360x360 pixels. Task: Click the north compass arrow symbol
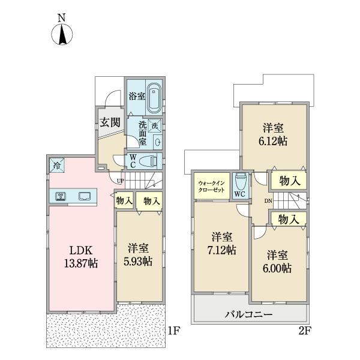click(x=62, y=34)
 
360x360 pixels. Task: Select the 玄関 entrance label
click(x=110, y=122)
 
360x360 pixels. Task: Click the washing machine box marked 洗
click(x=155, y=126)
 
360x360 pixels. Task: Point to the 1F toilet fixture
click(x=149, y=161)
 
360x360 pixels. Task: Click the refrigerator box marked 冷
click(x=57, y=166)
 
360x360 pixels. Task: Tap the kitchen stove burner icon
click(x=61, y=196)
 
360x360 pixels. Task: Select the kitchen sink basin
click(x=85, y=196)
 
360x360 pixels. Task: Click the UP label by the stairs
click(x=121, y=181)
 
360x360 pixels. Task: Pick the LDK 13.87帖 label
click(x=81, y=257)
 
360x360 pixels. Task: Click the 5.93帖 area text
click(x=138, y=261)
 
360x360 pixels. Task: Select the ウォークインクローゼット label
click(x=211, y=187)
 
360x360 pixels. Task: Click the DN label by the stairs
click(x=268, y=201)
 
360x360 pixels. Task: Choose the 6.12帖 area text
click(x=273, y=142)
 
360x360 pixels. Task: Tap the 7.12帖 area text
click(x=221, y=250)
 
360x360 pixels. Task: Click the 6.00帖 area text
click(x=277, y=268)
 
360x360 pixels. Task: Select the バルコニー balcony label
click(x=248, y=314)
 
